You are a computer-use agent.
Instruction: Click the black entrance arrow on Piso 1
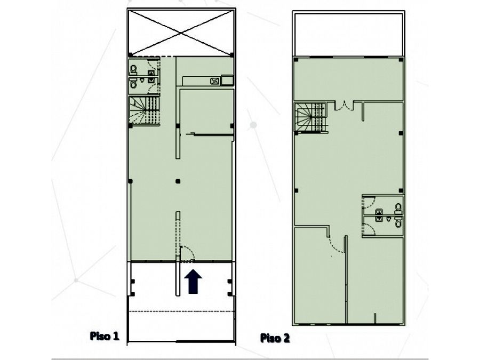click(x=193, y=281)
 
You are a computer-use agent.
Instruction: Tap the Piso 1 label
click(x=104, y=336)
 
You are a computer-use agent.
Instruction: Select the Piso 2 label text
click(x=275, y=338)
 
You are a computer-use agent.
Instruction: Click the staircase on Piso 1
click(x=145, y=110)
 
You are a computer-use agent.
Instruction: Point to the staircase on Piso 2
click(x=310, y=117)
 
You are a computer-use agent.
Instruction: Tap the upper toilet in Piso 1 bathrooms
click(x=133, y=70)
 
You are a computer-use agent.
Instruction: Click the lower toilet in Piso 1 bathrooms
click(x=133, y=83)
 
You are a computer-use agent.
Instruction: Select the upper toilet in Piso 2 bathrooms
click(x=398, y=207)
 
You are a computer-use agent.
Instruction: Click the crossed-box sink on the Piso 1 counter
click(x=215, y=81)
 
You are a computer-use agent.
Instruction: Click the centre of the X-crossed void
click(x=181, y=32)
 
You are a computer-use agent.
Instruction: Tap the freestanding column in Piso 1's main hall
click(x=178, y=181)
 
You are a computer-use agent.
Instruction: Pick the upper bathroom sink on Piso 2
click(x=379, y=211)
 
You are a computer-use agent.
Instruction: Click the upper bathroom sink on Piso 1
click(x=151, y=73)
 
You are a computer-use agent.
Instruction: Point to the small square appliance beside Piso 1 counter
click(x=227, y=80)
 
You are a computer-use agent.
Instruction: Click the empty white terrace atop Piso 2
click(x=349, y=35)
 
